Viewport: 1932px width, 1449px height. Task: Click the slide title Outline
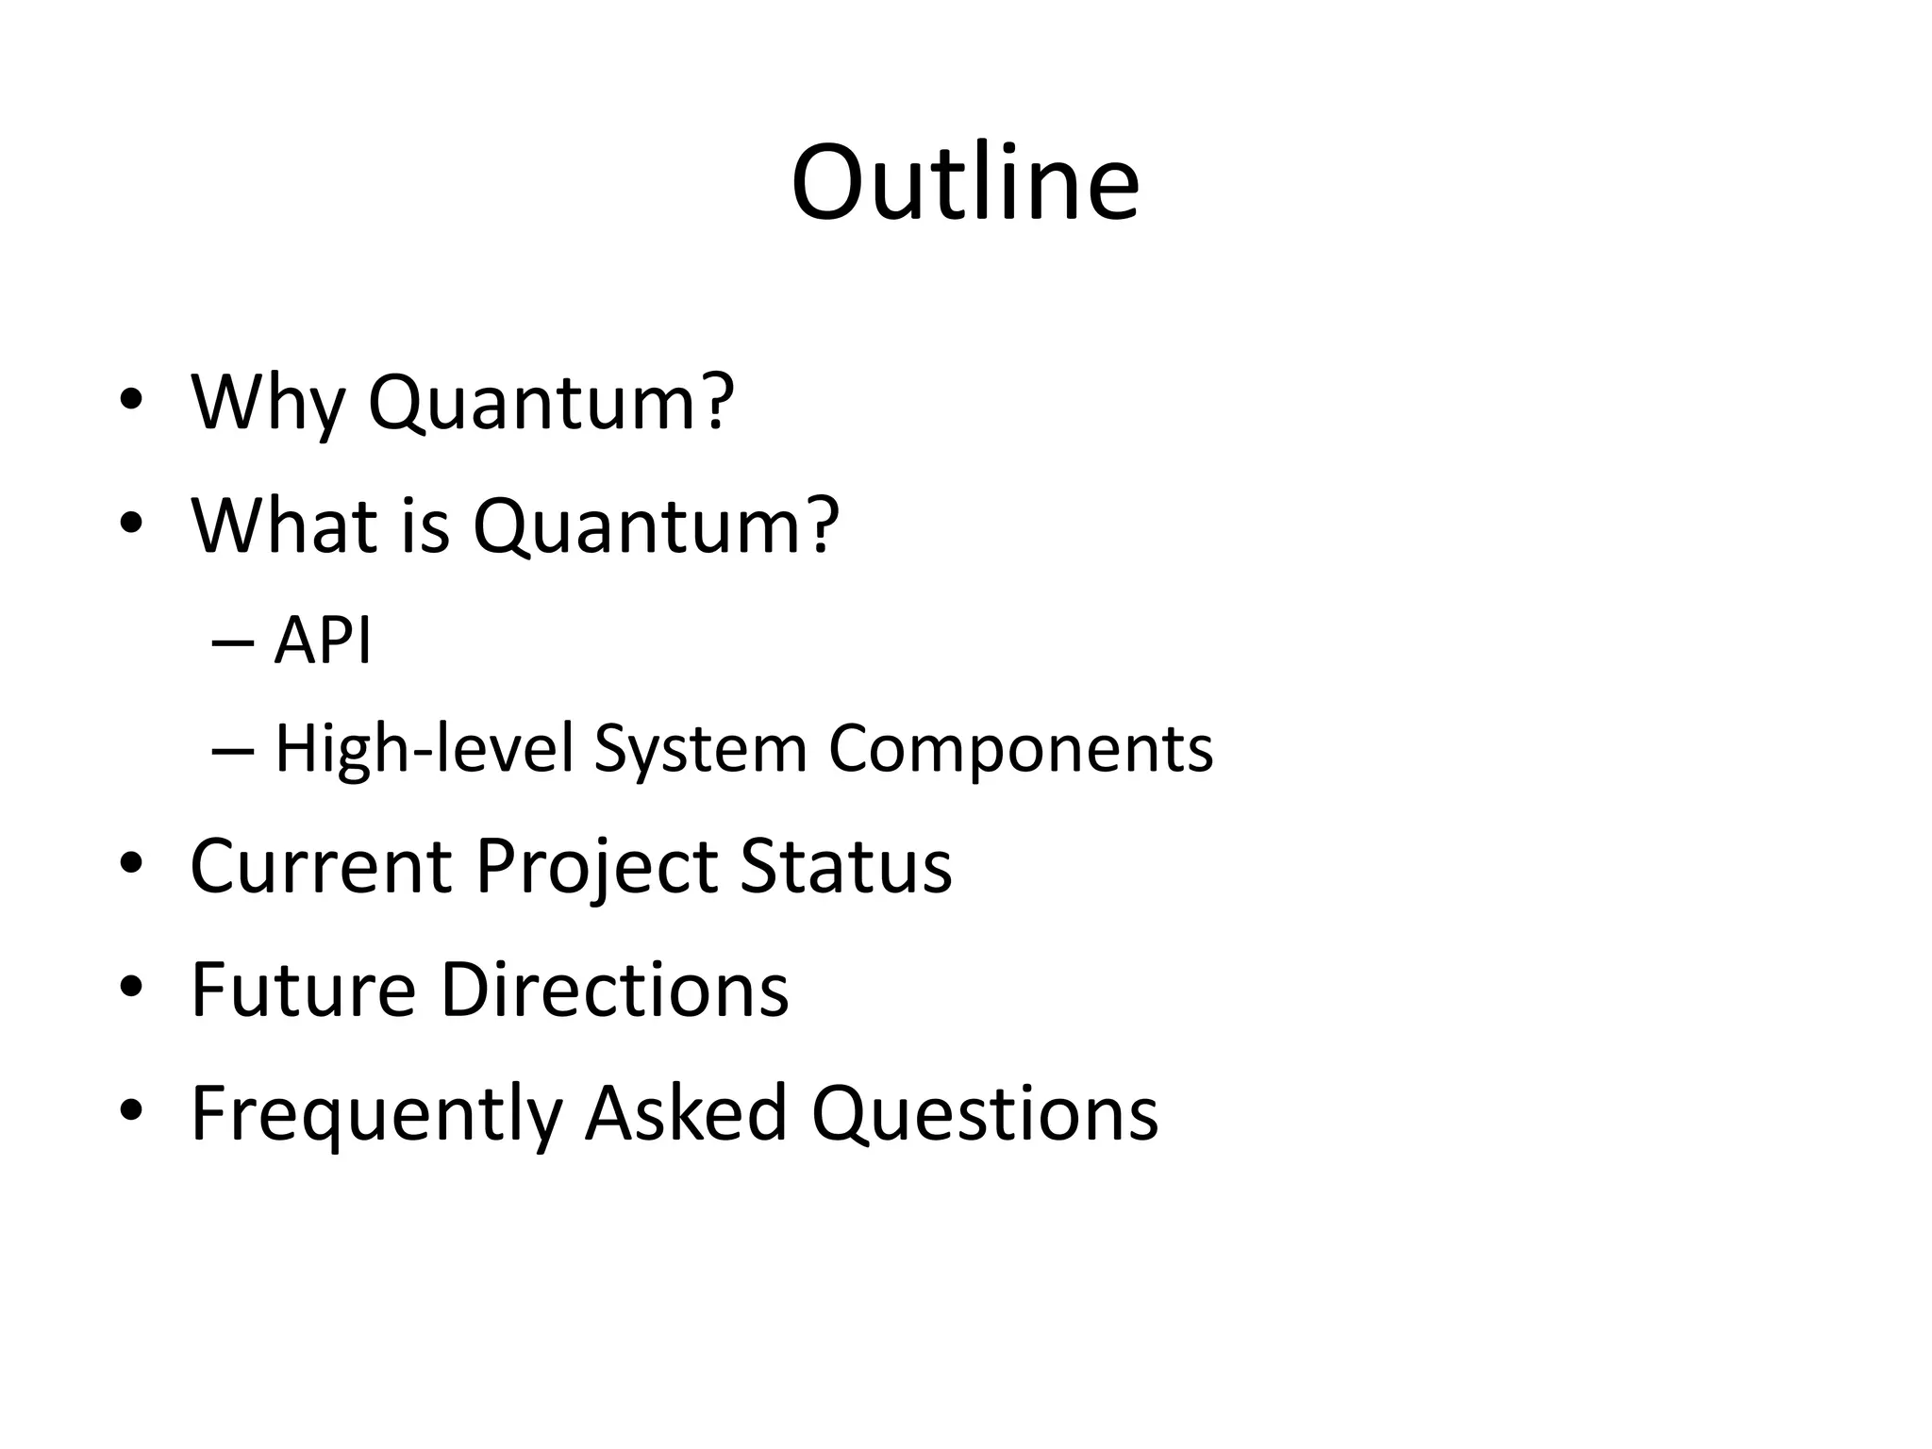pos(965,183)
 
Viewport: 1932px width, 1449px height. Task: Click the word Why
pos(268,403)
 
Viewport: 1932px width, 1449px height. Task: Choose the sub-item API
pos(323,641)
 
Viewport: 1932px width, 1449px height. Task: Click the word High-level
pos(424,749)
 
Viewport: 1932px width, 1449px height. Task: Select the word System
pos(700,749)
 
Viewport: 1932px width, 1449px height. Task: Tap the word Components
pos(1020,749)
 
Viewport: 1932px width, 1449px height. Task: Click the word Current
pos(321,866)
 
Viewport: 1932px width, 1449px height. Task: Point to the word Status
pos(845,866)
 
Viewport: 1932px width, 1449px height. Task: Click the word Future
pos(303,990)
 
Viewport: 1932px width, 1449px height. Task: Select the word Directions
pos(614,990)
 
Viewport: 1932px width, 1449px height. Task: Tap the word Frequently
pos(376,1114)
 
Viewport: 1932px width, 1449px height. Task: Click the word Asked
pos(686,1114)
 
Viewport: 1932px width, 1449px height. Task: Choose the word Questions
pos(984,1114)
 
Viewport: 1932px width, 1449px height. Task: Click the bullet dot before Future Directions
pos(131,987)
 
